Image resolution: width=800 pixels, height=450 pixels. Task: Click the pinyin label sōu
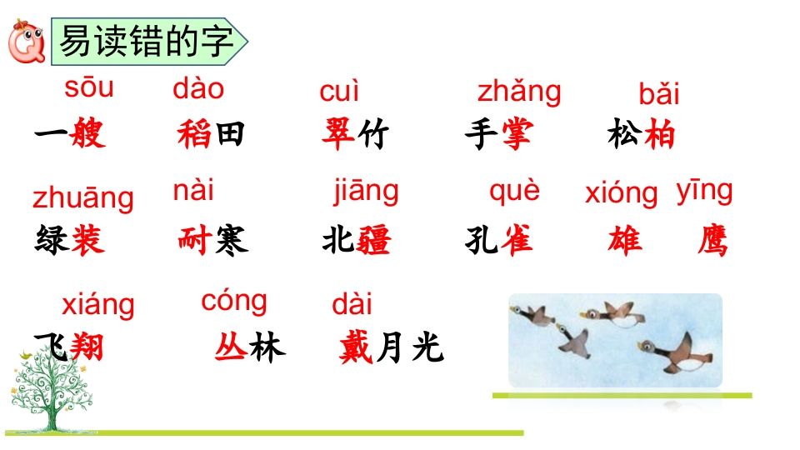point(88,87)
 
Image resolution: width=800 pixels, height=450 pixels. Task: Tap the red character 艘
point(88,134)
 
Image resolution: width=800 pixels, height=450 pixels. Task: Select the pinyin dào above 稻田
point(198,88)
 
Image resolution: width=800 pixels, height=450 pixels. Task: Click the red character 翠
point(339,134)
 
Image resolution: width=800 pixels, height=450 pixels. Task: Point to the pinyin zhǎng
point(519,92)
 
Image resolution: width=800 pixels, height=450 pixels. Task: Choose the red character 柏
point(659,134)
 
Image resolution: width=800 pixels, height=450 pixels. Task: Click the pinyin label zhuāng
point(82,198)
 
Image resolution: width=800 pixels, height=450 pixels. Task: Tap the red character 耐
point(195,241)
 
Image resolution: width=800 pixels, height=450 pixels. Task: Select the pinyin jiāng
point(366,192)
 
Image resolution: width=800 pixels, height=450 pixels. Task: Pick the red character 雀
point(516,241)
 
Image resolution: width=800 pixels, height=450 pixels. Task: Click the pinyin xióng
point(621,193)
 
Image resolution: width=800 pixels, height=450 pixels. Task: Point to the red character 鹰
point(711,241)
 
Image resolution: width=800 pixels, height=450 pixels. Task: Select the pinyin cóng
point(234,299)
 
